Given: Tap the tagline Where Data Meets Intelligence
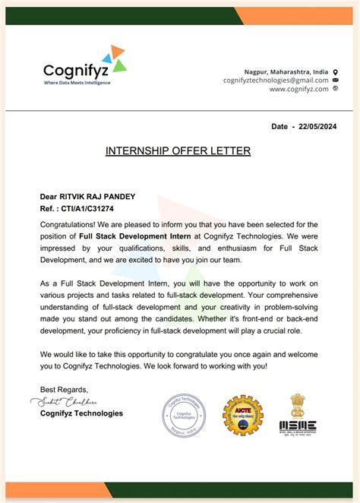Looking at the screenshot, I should [x=77, y=83].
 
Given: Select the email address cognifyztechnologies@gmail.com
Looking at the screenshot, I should [x=276, y=80].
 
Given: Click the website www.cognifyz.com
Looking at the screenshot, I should [x=298, y=89].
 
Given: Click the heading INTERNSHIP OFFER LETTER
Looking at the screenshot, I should [x=178, y=151].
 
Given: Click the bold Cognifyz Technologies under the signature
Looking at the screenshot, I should [x=81, y=414].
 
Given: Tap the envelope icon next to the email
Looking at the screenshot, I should [x=336, y=80].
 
